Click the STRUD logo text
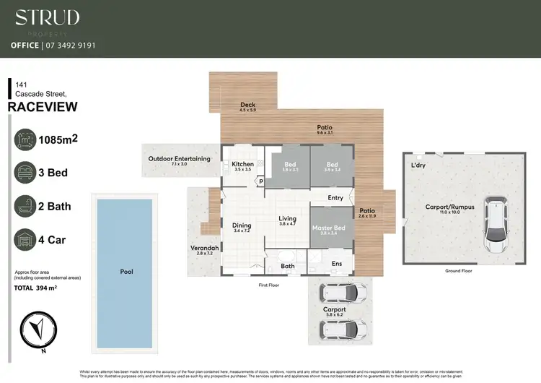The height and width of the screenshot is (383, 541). click(48, 17)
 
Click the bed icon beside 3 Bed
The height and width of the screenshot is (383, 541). click(27, 172)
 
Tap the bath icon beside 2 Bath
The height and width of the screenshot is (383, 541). click(27, 206)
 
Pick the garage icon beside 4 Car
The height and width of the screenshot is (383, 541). click(27, 239)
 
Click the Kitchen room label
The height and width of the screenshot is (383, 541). click(242, 165)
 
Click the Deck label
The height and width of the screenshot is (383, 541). click(248, 106)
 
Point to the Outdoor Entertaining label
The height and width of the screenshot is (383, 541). click(179, 158)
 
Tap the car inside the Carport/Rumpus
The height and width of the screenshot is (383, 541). click(496, 225)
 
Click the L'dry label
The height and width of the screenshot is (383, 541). click(418, 166)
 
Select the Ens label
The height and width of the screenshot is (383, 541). click(337, 264)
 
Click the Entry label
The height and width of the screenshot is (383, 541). click(335, 197)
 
